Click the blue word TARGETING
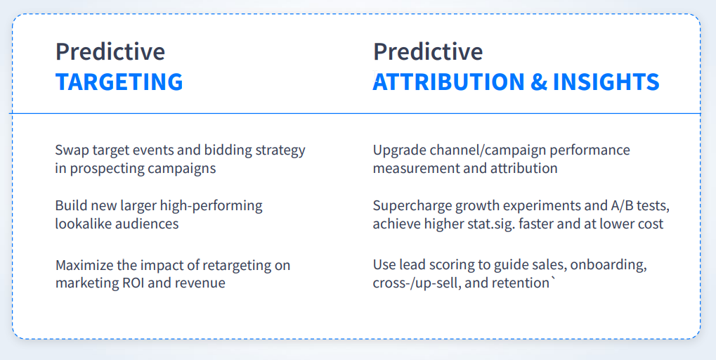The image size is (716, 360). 119,82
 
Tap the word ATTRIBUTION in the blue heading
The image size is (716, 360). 448,82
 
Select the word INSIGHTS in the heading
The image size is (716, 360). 606,82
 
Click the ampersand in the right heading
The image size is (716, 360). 538,82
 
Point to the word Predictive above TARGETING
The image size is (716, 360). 110,51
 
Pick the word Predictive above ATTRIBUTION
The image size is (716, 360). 428,51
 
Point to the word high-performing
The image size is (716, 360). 211,206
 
